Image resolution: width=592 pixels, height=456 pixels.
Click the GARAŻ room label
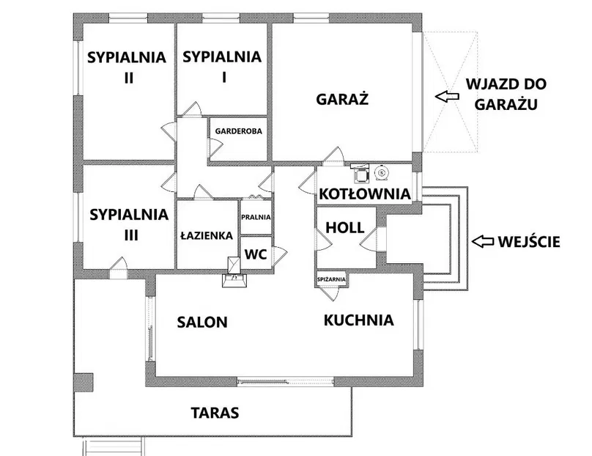pyautogui.click(x=342, y=99)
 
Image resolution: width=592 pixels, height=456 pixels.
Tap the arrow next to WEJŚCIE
pyautogui.click(x=483, y=241)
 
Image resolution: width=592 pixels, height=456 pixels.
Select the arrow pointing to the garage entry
pyautogui.click(x=447, y=95)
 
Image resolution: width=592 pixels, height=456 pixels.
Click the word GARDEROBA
pyautogui.click(x=239, y=131)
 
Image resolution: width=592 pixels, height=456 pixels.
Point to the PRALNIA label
pyautogui.click(x=256, y=217)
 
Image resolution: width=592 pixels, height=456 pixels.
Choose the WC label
pyautogui.click(x=256, y=254)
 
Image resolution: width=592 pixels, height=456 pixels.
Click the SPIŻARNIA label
pyautogui.click(x=331, y=279)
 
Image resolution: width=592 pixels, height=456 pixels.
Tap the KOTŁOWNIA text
pyautogui.click(x=365, y=194)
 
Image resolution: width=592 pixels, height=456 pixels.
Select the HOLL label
pyautogui.click(x=345, y=228)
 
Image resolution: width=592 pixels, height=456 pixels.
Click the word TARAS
pyautogui.click(x=215, y=413)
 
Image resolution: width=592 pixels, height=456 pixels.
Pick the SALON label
pyautogui.click(x=202, y=323)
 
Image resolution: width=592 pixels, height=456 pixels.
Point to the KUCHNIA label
pyautogui.click(x=359, y=320)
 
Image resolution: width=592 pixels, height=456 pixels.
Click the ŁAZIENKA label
pyautogui.click(x=207, y=236)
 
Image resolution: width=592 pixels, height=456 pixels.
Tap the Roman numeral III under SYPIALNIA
pyautogui.click(x=131, y=235)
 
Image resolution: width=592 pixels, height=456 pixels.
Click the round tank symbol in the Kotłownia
pyautogui.click(x=381, y=174)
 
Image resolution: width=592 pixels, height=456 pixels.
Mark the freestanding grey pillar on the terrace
pyautogui.click(x=83, y=383)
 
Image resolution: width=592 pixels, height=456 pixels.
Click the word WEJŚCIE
pyautogui.click(x=529, y=242)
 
